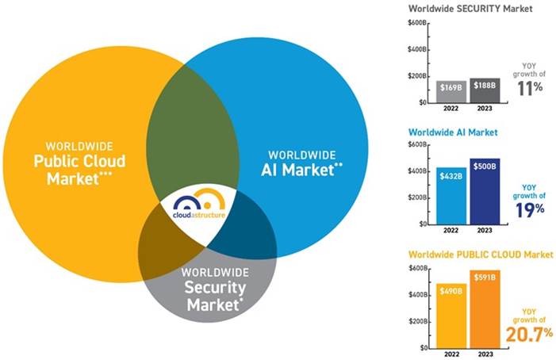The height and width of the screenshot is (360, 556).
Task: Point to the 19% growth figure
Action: click(x=529, y=209)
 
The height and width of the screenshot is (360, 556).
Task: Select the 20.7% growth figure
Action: click(x=529, y=334)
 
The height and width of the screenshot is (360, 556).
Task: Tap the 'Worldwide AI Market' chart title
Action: click(x=452, y=132)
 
